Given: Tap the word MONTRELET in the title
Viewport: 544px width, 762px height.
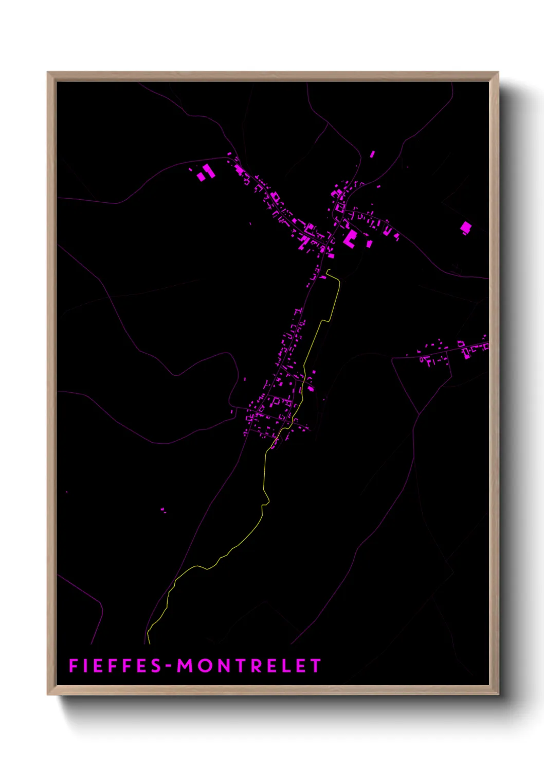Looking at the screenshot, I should coord(249,666).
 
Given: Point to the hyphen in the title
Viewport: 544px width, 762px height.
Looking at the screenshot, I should coord(169,667).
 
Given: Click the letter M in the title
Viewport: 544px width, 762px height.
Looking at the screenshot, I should coord(186,666).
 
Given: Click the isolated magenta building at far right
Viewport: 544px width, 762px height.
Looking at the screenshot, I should coord(465,227).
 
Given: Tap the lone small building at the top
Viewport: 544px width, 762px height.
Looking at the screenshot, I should coord(373,153).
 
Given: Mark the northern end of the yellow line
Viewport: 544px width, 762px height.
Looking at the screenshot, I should coord(328,270).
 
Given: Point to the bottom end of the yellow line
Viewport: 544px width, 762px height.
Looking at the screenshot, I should coord(149,643).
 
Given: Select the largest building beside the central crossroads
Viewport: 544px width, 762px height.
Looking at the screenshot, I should coord(350,238).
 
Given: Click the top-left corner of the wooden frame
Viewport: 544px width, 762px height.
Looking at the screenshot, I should coord(48,73).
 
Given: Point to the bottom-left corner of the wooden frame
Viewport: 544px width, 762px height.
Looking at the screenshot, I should coord(48,694).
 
